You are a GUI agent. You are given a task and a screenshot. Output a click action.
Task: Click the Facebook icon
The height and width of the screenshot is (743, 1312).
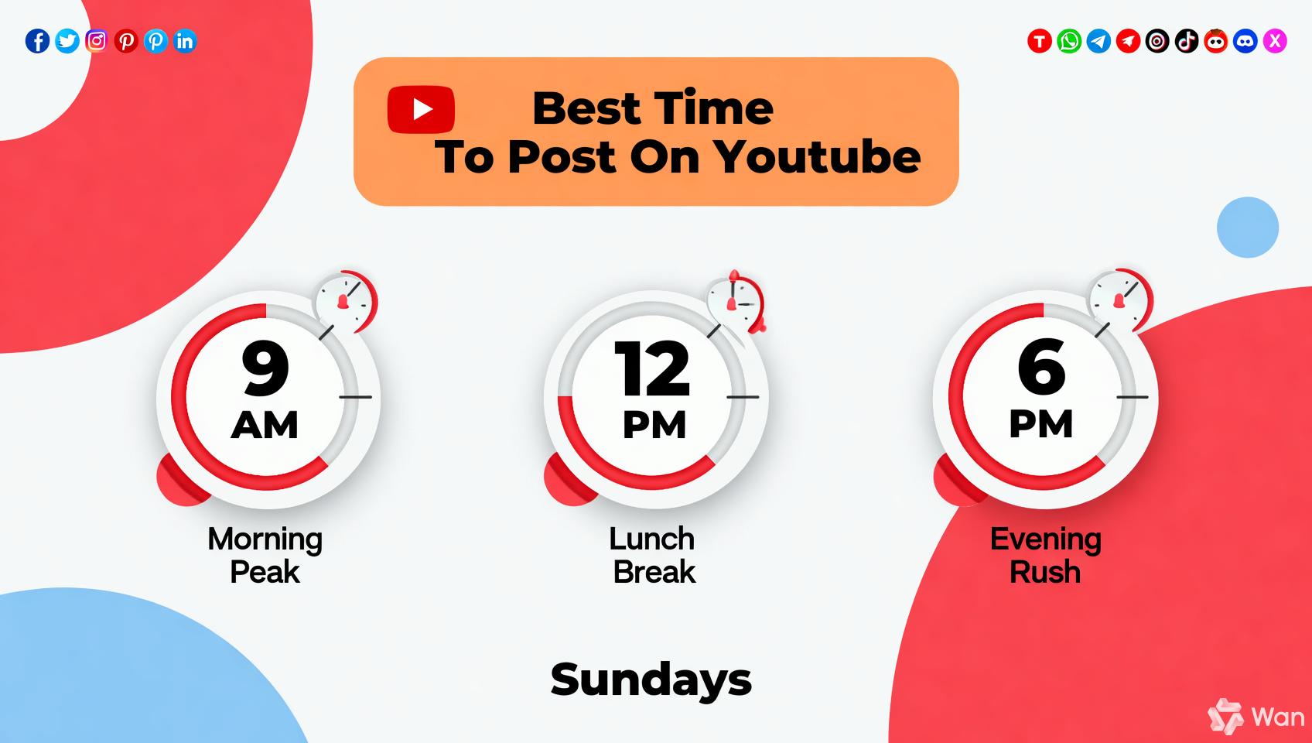(x=37, y=41)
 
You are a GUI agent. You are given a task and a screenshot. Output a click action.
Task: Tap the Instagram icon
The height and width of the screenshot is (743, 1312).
(x=97, y=41)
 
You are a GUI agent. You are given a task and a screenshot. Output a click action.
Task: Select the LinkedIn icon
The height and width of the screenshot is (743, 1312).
(x=185, y=41)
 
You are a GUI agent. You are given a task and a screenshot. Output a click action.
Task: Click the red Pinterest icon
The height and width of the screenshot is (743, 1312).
(x=126, y=41)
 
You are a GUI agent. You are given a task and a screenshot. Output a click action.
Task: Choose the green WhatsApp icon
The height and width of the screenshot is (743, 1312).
(x=1069, y=41)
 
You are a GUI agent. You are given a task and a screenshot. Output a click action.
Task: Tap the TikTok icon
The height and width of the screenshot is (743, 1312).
(x=1187, y=41)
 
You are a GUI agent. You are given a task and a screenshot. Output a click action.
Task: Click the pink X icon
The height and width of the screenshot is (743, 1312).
(x=1275, y=41)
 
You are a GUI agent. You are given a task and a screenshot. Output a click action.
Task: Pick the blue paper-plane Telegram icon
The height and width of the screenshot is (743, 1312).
(x=1098, y=41)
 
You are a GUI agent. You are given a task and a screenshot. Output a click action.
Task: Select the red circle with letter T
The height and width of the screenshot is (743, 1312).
(x=1040, y=41)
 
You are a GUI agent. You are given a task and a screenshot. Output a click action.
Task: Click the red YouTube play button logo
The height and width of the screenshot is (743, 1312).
(x=421, y=110)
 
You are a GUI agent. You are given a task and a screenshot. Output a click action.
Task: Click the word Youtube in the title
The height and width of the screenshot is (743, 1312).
(x=817, y=157)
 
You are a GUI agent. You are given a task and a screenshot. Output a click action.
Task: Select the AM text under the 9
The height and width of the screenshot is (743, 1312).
(x=265, y=425)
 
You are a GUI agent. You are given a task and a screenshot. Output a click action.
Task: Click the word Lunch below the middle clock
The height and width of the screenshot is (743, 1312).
(x=652, y=539)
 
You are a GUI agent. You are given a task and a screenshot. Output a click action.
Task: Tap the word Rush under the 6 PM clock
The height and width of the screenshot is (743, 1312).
(x=1045, y=572)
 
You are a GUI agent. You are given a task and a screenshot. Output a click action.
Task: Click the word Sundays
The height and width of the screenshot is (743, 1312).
(x=651, y=680)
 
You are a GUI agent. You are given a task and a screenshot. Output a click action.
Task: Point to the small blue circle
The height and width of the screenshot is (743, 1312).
(x=1248, y=228)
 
